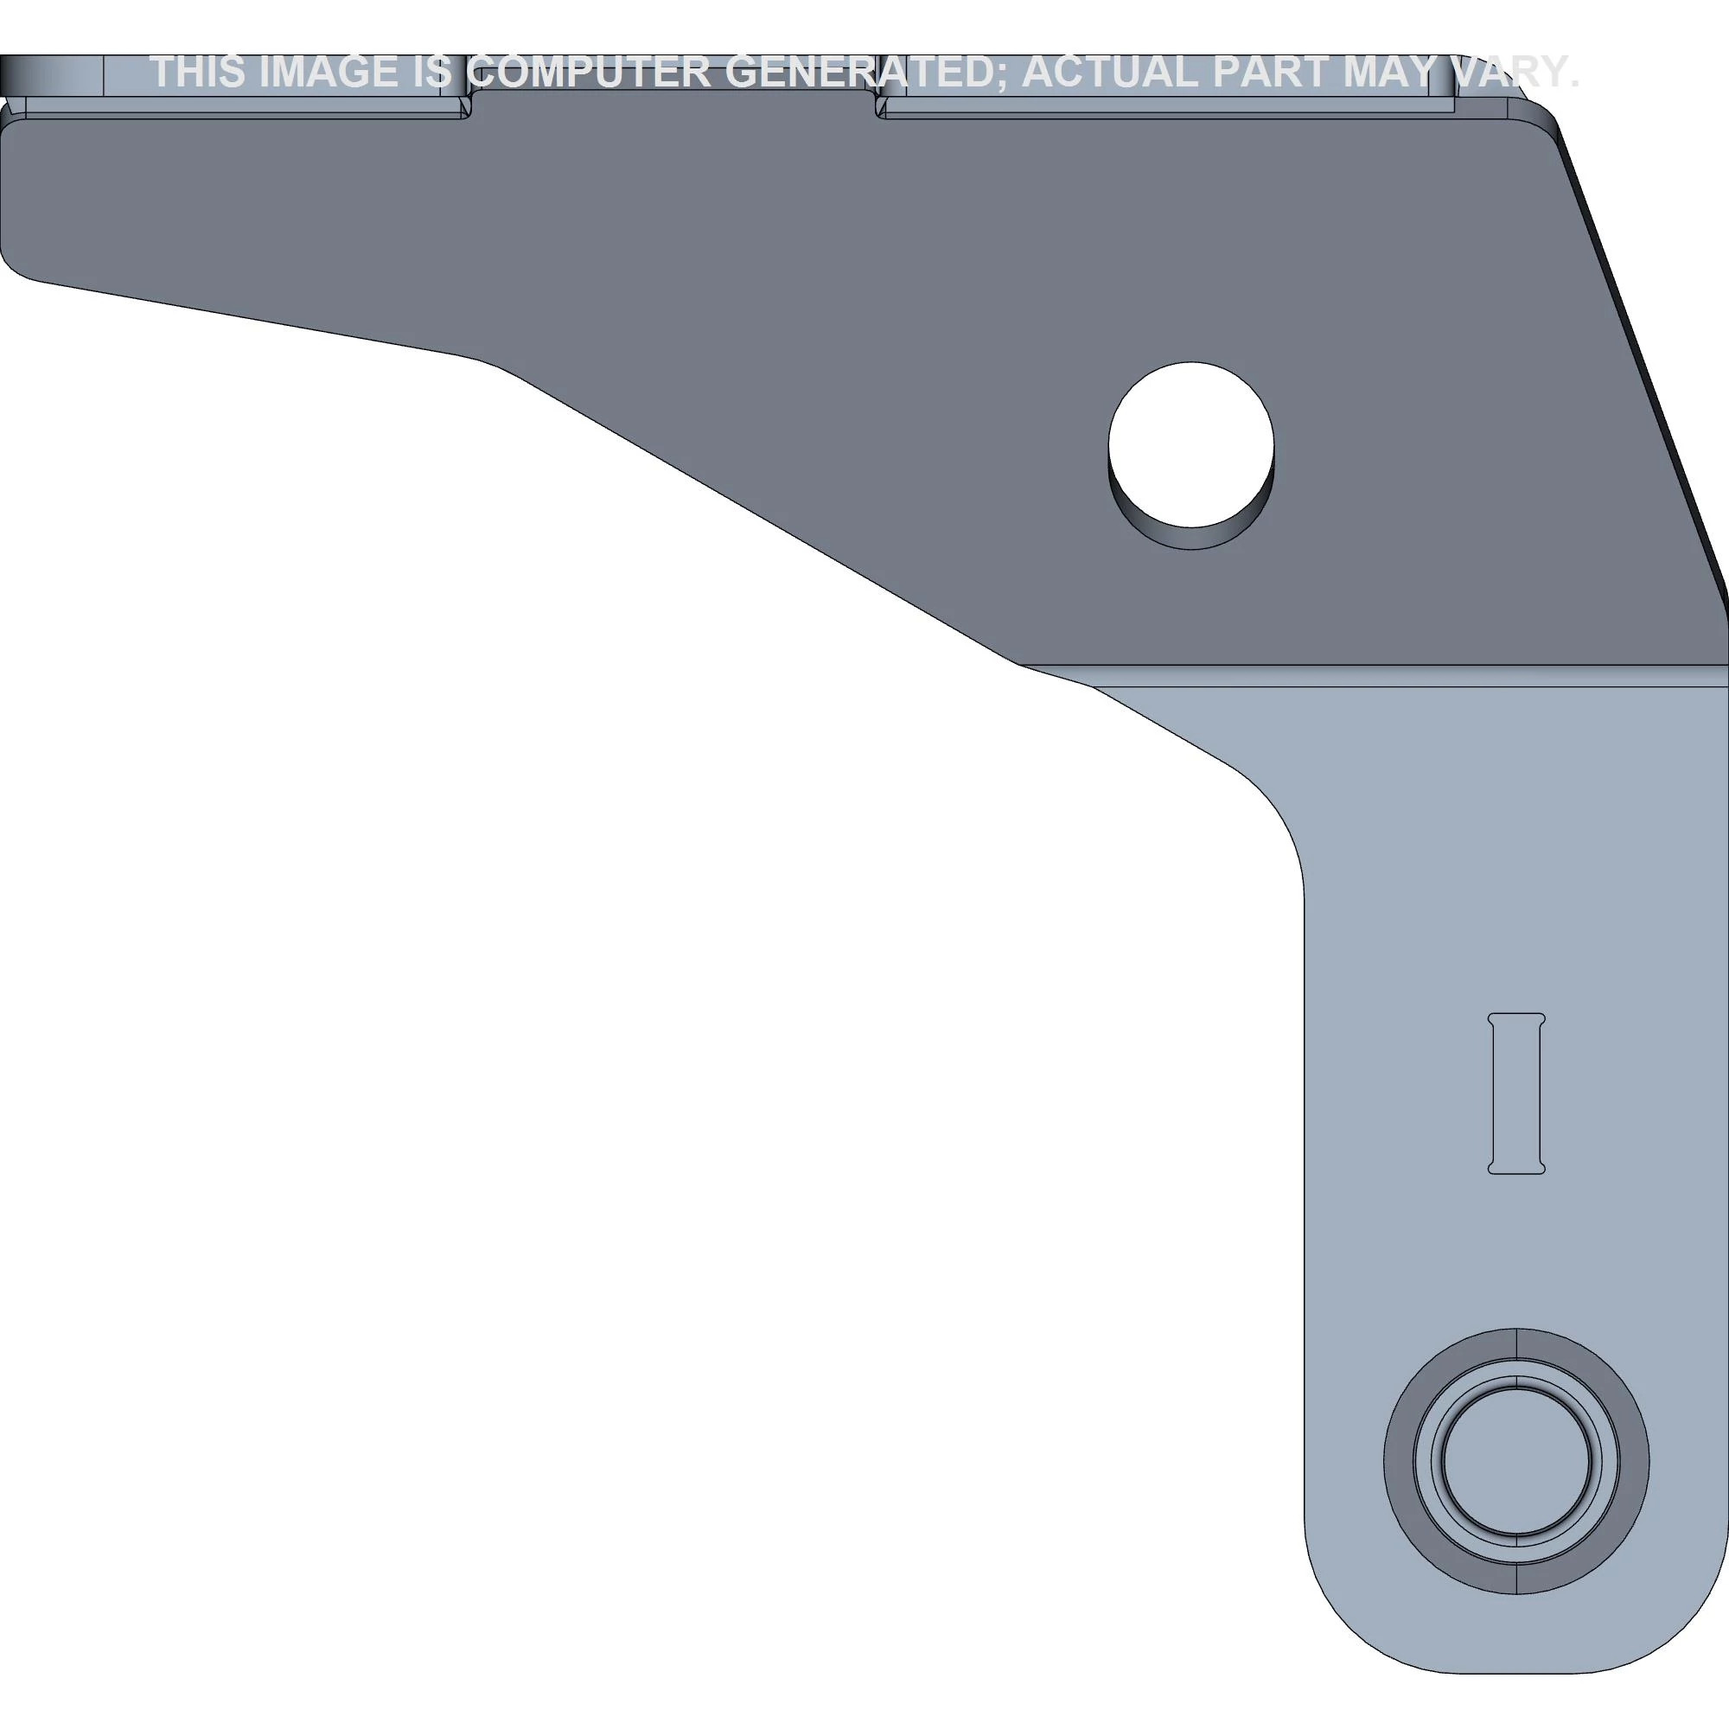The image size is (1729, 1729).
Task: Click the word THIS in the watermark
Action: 198,73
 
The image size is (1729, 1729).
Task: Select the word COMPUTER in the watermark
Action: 590,73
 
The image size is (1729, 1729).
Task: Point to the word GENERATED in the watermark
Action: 865,73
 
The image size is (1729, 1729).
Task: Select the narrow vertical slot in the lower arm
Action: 1517,1093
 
